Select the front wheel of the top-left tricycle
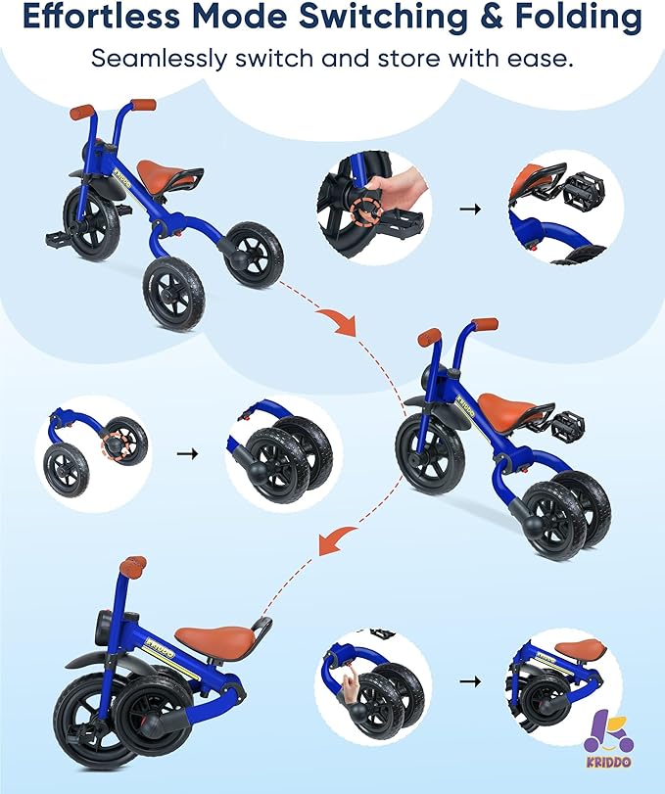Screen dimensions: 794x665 click(92, 222)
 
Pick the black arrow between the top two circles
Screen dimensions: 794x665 click(470, 209)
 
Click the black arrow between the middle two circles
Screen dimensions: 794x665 click(187, 453)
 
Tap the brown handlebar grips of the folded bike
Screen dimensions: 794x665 click(133, 566)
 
